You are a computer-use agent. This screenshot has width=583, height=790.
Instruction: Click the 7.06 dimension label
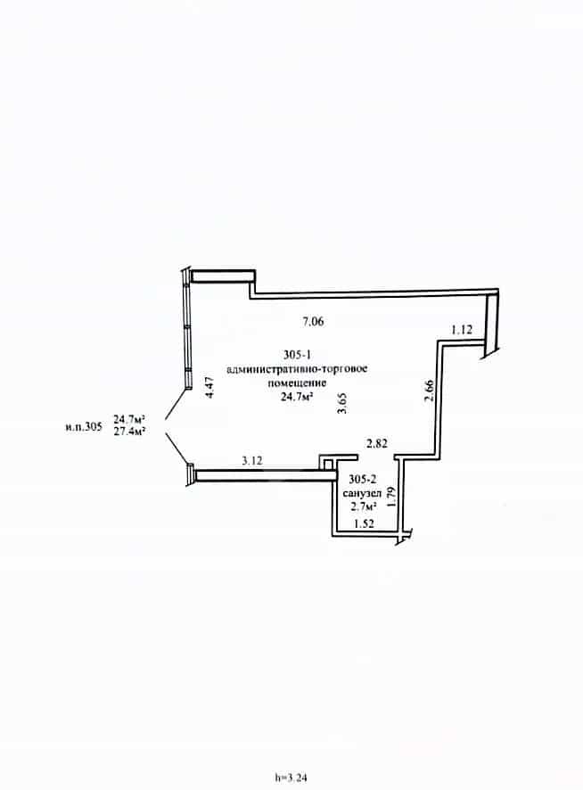tap(313, 321)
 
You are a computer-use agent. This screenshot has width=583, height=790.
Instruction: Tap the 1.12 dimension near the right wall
tap(462, 330)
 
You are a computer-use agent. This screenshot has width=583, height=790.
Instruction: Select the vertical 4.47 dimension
tap(210, 388)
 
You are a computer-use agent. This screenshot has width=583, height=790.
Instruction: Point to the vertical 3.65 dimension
tap(342, 404)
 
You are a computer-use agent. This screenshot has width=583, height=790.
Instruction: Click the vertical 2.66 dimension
tap(429, 391)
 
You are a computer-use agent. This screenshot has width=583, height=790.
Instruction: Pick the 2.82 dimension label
tap(377, 443)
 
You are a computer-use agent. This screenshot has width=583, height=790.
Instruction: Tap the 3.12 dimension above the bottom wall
tap(252, 460)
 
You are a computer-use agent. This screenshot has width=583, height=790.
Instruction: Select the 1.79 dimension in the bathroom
tap(392, 497)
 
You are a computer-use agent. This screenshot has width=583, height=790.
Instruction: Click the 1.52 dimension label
tap(364, 523)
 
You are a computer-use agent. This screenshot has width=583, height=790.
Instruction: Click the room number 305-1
tap(297, 355)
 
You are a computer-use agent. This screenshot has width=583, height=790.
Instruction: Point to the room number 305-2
tap(362, 480)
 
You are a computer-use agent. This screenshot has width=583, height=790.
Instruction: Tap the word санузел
tap(362, 493)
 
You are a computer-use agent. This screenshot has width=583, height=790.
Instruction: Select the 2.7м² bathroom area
tap(365, 506)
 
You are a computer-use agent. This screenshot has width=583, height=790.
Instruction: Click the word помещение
tap(297, 383)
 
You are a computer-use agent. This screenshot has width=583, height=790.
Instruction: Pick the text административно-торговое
tap(298, 369)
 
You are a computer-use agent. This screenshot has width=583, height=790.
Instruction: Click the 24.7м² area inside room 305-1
tap(298, 397)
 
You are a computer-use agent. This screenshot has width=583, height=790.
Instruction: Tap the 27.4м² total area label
tap(129, 432)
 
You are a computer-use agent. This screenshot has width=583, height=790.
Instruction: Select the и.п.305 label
tap(84, 427)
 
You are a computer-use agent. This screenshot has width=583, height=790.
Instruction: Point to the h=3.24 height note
tap(291, 778)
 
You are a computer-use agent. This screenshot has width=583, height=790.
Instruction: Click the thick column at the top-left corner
tap(222, 276)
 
